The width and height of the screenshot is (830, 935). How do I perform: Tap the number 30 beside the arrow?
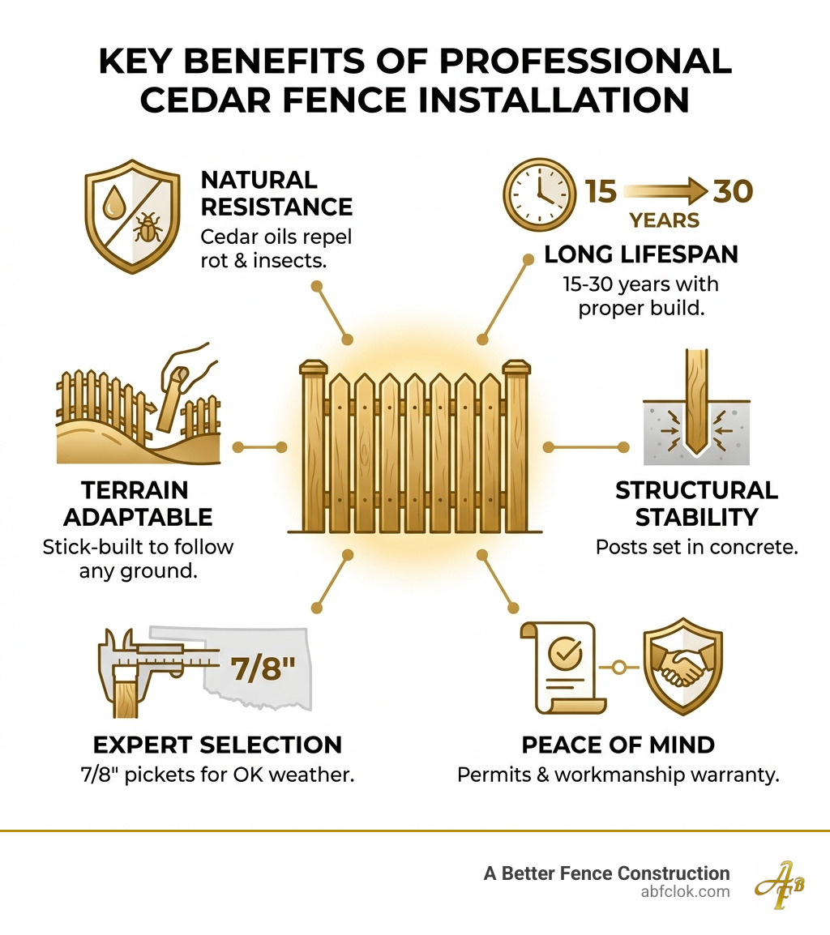733,192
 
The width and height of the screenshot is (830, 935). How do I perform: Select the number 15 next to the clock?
601,192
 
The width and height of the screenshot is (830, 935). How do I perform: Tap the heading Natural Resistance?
276,193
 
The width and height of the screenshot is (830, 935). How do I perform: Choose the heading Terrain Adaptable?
138,503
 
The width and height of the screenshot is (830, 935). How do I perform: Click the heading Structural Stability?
696,503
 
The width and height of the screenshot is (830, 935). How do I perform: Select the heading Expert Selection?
217,744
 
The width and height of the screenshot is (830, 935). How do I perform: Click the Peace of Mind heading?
618,744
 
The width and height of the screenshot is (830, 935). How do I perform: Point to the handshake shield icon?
682,668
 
